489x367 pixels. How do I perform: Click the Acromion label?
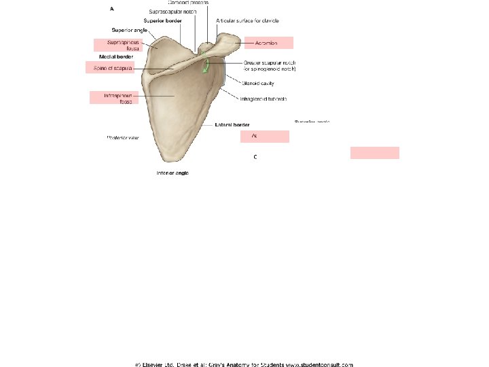tap(267, 43)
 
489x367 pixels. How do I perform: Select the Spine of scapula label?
tap(109, 67)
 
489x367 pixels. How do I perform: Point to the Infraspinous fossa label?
tap(113, 98)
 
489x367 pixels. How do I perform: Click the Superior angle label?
tap(128, 30)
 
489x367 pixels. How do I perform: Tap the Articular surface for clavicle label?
tap(247, 20)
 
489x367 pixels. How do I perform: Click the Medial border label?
tap(115, 56)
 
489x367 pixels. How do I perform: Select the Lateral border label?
tap(232, 125)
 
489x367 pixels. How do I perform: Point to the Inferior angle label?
tap(173, 173)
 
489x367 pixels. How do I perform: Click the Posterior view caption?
tap(122, 138)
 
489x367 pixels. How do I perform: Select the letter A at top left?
tap(111, 9)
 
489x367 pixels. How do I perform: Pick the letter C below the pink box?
tap(255, 157)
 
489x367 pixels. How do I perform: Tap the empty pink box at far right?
tap(374, 152)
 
